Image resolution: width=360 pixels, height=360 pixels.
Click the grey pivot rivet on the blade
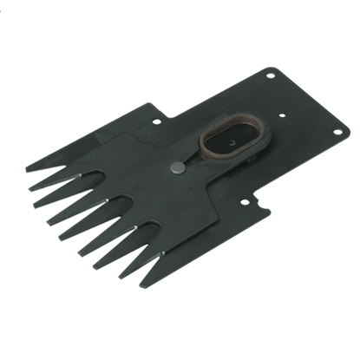(176, 167)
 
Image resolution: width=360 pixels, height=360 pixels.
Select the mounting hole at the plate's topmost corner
(272, 76)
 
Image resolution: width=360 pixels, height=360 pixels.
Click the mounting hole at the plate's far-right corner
(335, 131)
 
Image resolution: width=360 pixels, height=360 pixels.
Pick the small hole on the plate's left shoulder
(156, 122)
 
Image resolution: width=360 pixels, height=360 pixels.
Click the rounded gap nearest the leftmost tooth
(65, 173)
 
